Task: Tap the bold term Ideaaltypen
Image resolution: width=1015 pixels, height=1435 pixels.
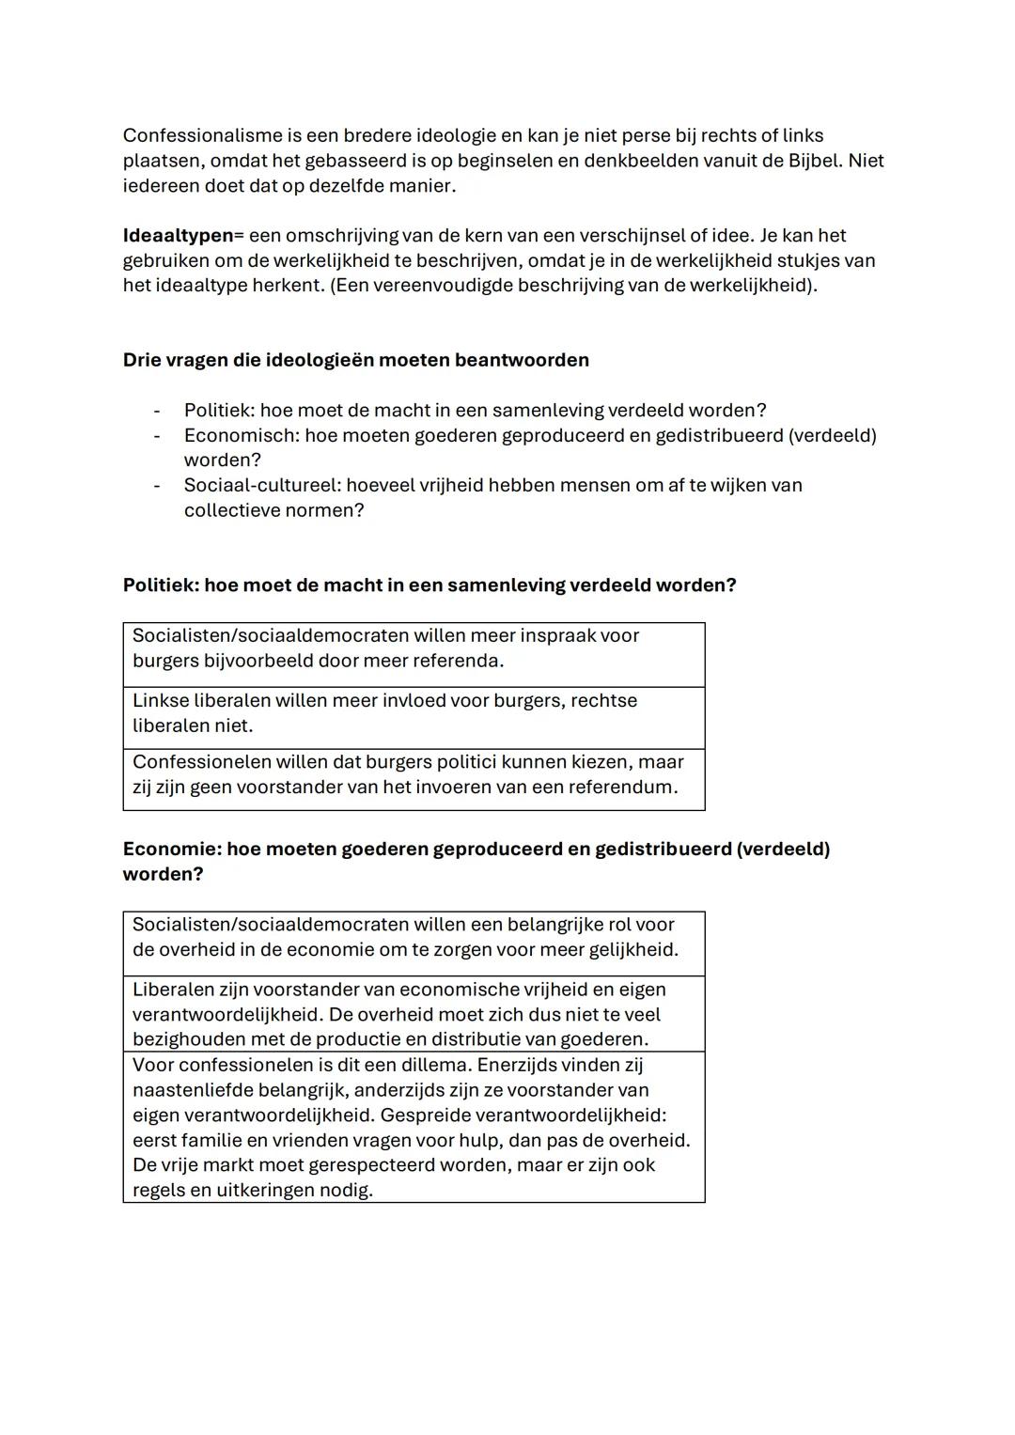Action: pos(178,236)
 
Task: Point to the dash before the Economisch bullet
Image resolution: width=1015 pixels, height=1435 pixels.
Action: pos(157,436)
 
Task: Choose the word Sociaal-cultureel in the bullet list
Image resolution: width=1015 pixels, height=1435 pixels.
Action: pos(261,486)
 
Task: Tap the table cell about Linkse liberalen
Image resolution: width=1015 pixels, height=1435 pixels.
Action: pos(414,713)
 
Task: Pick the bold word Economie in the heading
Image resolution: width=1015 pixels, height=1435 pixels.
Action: pos(169,850)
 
